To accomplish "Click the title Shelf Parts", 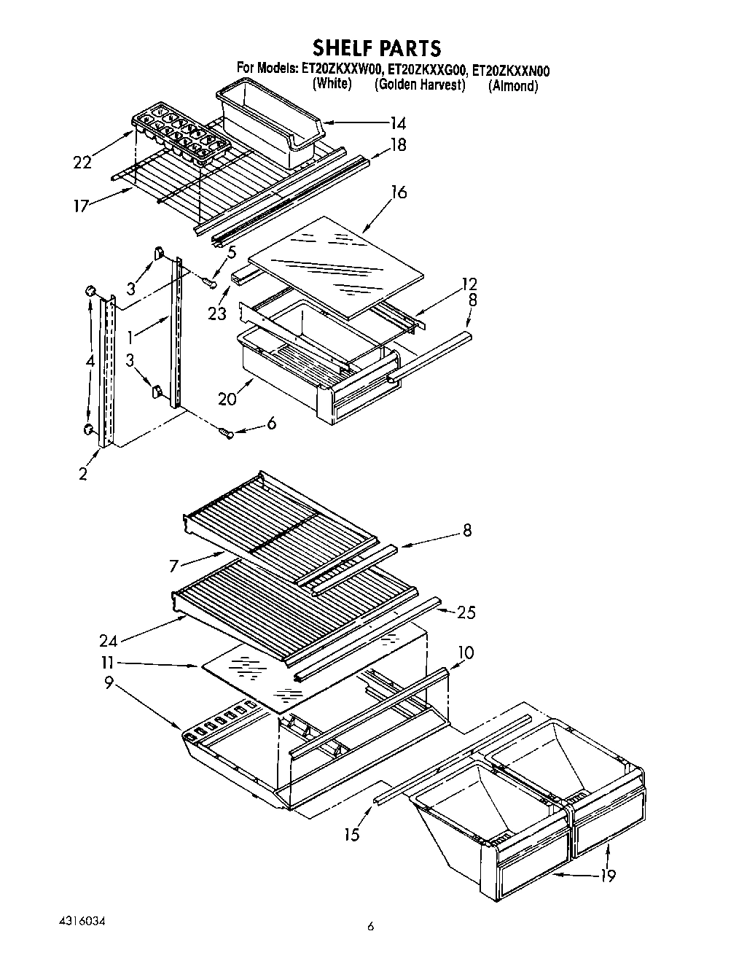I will click(x=377, y=48).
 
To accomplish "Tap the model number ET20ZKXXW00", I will click(x=340, y=70).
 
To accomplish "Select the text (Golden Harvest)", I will click(x=420, y=85).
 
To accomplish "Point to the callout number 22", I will click(x=82, y=163).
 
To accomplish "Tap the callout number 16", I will click(x=398, y=192).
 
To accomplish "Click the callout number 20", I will click(x=228, y=398).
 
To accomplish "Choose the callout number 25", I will click(x=466, y=612).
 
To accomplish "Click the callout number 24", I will click(x=109, y=641).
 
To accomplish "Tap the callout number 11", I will click(x=109, y=663).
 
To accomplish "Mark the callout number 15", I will click(x=352, y=835).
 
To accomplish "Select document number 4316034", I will click(x=77, y=922).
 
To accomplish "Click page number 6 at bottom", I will click(x=370, y=927).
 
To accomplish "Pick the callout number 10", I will click(x=466, y=653).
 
